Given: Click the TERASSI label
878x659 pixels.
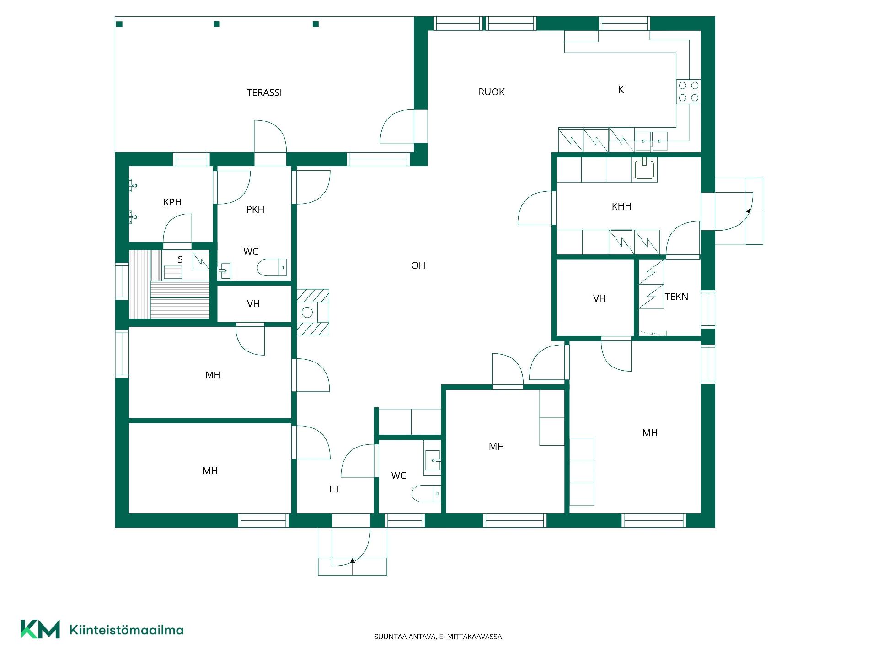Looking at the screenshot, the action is point(264,93).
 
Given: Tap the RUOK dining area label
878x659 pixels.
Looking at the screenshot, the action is point(492,92).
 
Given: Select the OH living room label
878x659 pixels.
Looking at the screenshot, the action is point(418,265).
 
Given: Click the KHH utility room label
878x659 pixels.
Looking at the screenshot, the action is point(621,206).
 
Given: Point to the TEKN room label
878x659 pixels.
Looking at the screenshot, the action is point(676,297).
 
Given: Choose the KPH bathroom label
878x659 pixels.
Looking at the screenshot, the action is point(172,202).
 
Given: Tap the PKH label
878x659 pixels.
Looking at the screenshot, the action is point(255,210).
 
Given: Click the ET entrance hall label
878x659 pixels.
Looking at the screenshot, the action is point(334,489).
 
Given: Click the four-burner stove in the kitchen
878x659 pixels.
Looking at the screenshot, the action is point(688,92).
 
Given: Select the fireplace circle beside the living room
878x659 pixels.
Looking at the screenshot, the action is point(307,313).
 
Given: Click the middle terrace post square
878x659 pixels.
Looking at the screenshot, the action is point(217,24).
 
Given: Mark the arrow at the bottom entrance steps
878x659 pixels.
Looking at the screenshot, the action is point(353,560).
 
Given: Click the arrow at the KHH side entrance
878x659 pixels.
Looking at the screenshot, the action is point(749,211).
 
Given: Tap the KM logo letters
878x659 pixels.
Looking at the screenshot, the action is point(40,629).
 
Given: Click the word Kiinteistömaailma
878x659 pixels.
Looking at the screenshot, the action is point(126,630).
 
